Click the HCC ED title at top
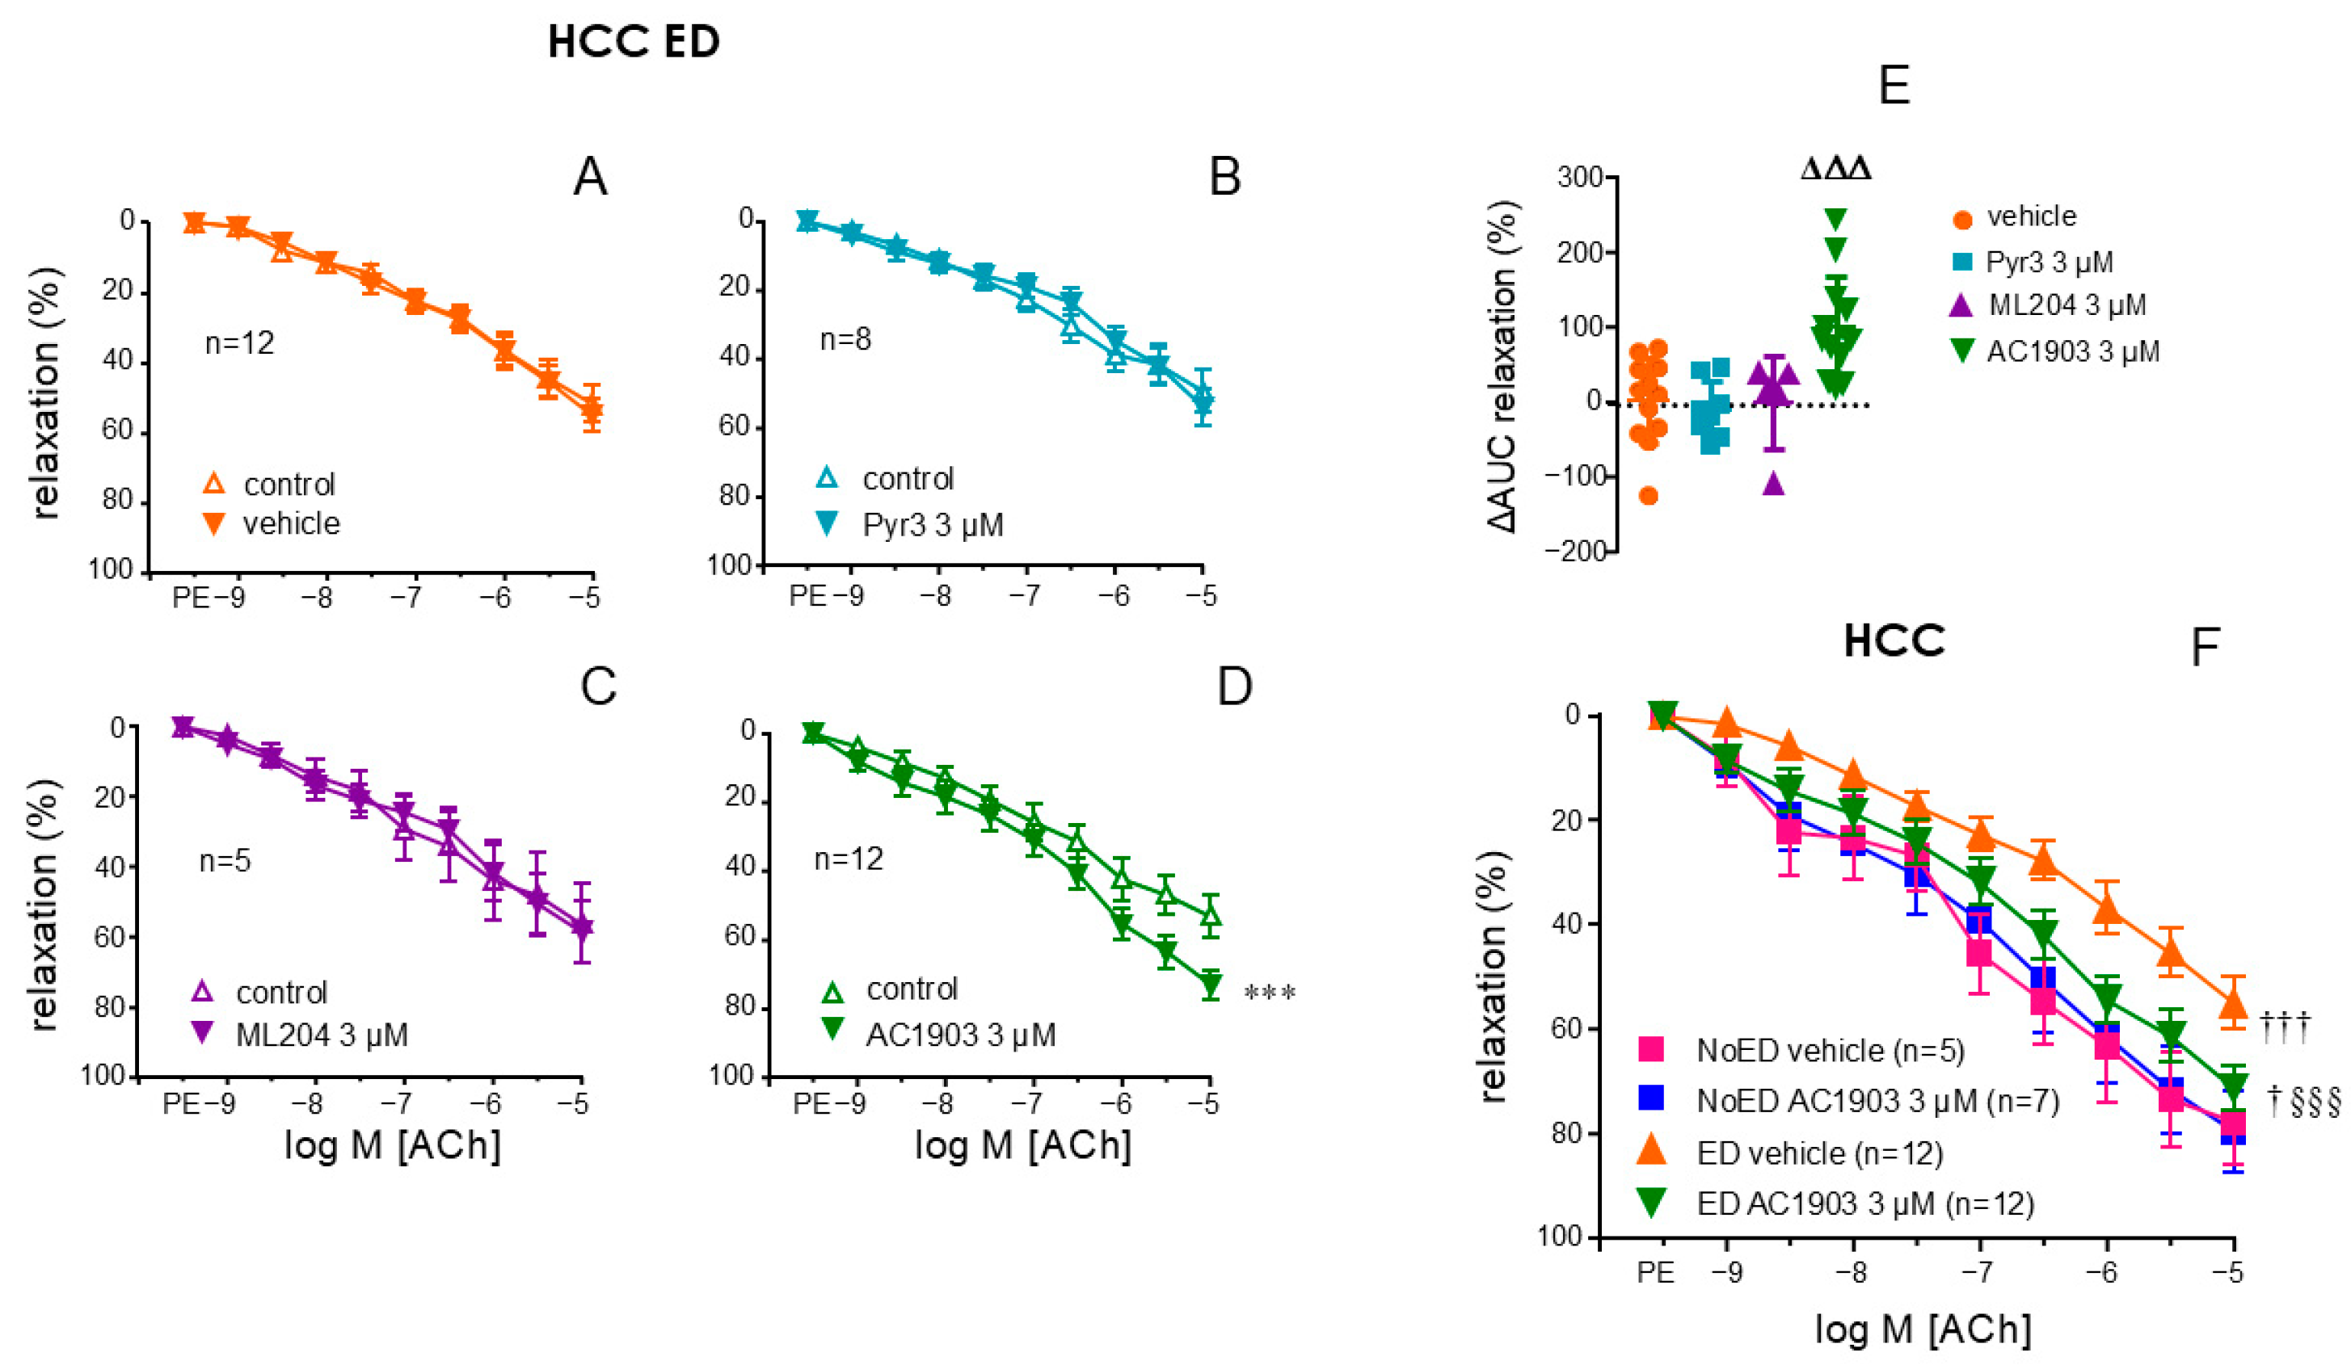[634, 43]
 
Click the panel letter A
[591, 176]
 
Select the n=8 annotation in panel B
[845, 339]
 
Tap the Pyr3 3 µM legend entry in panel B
[932, 525]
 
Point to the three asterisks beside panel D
[1270, 994]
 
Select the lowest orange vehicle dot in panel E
[1649, 496]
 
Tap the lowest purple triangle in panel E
[1773, 484]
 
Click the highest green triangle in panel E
[1836, 219]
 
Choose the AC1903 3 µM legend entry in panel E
[2072, 351]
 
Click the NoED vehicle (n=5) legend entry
[1830, 1051]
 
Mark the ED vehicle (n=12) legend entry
[1819, 1153]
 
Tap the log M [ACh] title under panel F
[1923, 1329]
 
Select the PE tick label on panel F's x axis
[1656, 1273]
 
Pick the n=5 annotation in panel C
[225, 860]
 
